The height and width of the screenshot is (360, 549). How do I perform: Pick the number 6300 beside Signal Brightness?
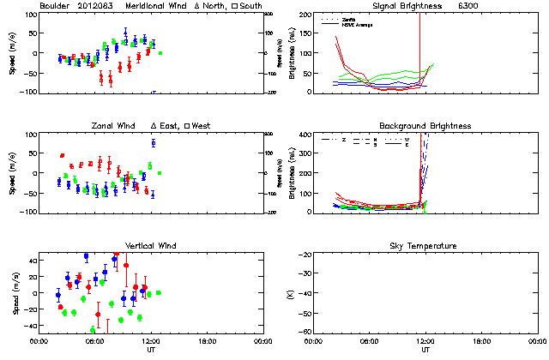(497, 6)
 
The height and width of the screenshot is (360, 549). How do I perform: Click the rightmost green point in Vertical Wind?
(158, 292)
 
